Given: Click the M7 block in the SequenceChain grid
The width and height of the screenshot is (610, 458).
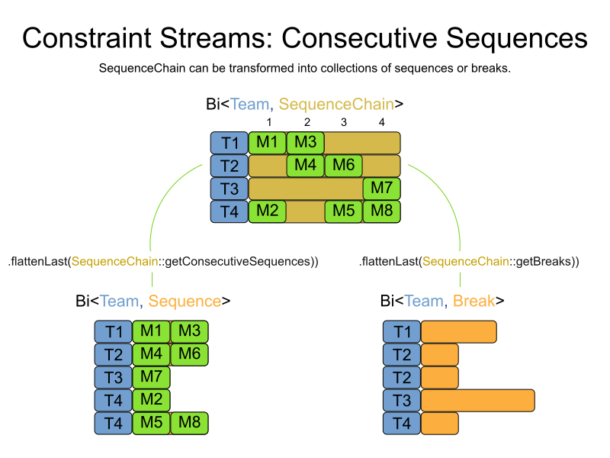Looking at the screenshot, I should [x=381, y=189].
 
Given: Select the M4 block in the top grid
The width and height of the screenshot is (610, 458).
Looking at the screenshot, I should [x=306, y=166].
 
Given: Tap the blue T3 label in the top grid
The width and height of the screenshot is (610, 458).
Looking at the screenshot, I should [x=230, y=189].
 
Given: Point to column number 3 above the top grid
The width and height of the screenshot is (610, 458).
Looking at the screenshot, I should [x=344, y=122].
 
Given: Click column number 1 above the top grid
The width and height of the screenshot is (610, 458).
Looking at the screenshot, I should [x=268, y=122].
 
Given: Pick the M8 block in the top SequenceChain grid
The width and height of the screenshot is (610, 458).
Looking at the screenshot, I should [x=381, y=211].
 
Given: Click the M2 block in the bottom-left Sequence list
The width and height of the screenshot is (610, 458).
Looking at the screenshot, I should [x=151, y=400].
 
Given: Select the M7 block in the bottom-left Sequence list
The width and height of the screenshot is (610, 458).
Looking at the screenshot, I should [x=151, y=377].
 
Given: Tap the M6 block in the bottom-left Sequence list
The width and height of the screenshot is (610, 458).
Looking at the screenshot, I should [x=189, y=354].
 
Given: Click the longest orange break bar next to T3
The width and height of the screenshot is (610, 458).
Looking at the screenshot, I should [x=477, y=400].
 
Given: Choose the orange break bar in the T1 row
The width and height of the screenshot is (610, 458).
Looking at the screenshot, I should [x=458, y=332].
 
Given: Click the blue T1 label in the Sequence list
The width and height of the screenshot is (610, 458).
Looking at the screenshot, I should [x=114, y=332].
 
